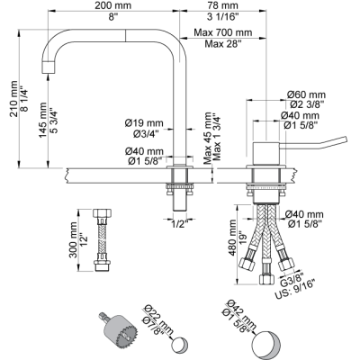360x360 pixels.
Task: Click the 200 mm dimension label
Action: click(x=113, y=5)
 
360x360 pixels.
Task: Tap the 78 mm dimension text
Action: click(x=222, y=5)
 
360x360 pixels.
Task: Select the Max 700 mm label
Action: click(x=223, y=31)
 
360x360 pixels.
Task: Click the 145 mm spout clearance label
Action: click(x=43, y=120)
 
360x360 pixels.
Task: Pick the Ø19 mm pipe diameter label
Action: click(x=144, y=122)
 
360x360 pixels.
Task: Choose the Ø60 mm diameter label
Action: click(x=306, y=94)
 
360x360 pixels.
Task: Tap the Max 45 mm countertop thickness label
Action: click(x=208, y=138)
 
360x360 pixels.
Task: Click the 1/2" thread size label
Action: click(x=180, y=223)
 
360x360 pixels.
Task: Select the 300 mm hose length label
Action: click(x=73, y=240)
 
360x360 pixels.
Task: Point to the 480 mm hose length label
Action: click(x=233, y=238)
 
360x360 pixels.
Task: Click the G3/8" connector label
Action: click(x=292, y=280)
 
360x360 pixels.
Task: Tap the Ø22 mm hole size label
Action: click(x=158, y=320)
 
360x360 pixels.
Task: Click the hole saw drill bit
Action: click(x=118, y=329)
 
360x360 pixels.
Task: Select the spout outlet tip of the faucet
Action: click(x=48, y=67)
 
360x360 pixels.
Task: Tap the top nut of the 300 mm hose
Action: click(x=103, y=213)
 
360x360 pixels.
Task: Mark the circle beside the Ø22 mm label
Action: click(x=180, y=345)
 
